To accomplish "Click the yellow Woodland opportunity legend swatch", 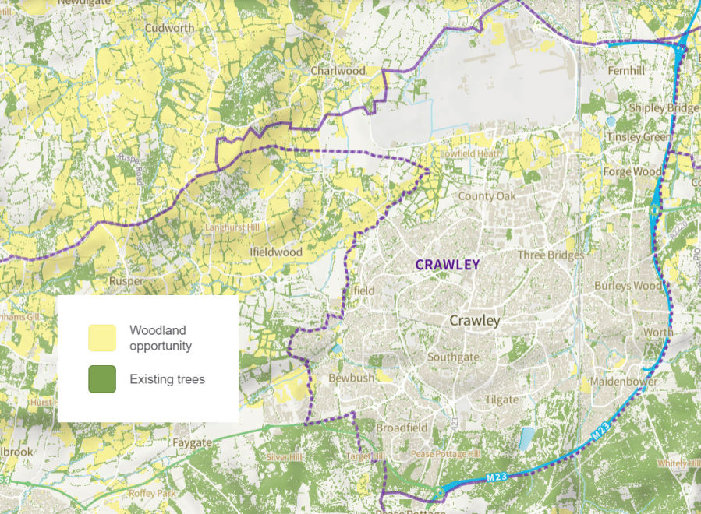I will (101, 338).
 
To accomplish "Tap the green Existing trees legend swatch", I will (101, 379).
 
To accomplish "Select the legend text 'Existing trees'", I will (167, 379).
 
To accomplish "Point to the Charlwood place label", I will (338, 70).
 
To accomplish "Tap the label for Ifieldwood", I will (275, 252).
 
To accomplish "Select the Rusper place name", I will (126, 280).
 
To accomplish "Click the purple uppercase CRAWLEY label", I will (448, 265).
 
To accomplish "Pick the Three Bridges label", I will (551, 255).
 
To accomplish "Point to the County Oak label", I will (487, 196).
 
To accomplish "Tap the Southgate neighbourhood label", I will (453, 357).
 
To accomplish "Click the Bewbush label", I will (352, 377).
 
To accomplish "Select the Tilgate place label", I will (501, 400).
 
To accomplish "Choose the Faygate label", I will (191, 442).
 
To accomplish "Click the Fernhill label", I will (628, 70).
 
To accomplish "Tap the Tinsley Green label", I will (639, 137).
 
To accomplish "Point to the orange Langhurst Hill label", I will (232, 227).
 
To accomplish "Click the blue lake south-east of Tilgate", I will (527, 438).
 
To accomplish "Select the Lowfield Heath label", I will (471, 154).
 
